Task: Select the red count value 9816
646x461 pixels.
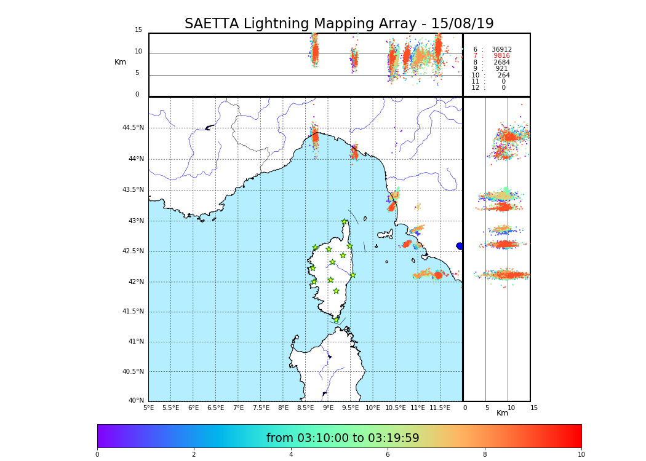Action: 501,56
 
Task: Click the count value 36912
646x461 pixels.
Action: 501,49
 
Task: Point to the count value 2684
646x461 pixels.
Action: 501,62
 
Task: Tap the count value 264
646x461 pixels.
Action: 503,75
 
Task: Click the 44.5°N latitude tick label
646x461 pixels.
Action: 133,128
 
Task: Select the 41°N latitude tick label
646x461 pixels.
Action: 135,342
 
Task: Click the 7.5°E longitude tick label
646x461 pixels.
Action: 261,408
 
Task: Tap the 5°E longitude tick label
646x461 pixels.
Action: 149,408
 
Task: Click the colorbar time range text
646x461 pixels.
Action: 343,438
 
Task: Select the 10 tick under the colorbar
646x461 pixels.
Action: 581,454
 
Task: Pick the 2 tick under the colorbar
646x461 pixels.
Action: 194,454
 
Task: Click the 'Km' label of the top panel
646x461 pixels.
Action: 121,62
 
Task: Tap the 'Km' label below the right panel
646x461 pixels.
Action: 502,413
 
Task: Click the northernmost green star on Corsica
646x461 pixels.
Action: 345,222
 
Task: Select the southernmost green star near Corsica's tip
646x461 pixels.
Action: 336,320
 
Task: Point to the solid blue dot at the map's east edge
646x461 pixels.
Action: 460,246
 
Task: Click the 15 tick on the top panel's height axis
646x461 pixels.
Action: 138,30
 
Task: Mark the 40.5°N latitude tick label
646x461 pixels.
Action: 133,371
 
